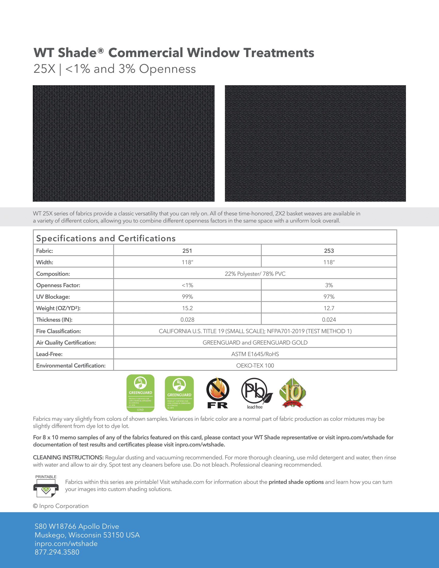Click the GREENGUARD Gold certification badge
pyautogui.click(x=140, y=393)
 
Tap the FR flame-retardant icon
pyautogui.click(x=218, y=393)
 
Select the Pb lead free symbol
pyautogui.click(x=256, y=393)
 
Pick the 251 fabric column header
pyautogui.click(x=187, y=251)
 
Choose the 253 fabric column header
pyautogui.click(x=329, y=251)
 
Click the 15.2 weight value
pyautogui.click(x=187, y=308)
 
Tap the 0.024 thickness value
pyautogui.click(x=329, y=320)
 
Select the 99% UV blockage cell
pyautogui.click(x=187, y=297)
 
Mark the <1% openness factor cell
pyautogui.click(x=187, y=285)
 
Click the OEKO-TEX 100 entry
pyautogui.click(x=255, y=365)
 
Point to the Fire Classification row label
pyautogui.click(x=59, y=331)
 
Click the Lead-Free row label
pyautogui.click(x=49, y=354)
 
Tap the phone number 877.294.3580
pyautogui.click(x=57, y=552)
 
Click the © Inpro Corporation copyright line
pyautogui.click(x=61, y=506)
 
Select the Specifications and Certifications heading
pyautogui.click(x=106, y=238)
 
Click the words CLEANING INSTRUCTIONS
pyautogui.click(x=68, y=457)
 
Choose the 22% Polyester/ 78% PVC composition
pyautogui.click(x=255, y=274)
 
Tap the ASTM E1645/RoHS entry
pyautogui.click(x=255, y=354)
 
